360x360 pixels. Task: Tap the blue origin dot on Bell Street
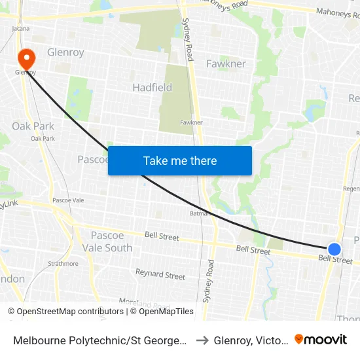pyautogui.click(x=334, y=249)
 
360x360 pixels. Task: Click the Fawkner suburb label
pyautogui.click(x=226, y=63)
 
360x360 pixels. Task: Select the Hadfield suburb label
pyautogui.click(x=152, y=87)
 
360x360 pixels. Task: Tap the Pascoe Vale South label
pyautogui.click(x=107, y=242)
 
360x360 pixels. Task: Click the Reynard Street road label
pyautogui.click(x=160, y=275)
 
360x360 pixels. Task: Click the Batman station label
pyautogui.click(x=199, y=213)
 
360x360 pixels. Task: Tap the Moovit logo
pyautogui.click(x=321, y=339)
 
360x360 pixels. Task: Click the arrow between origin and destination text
pyautogui.click(x=202, y=340)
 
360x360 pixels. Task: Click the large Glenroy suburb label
pyautogui.click(x=65, y=52)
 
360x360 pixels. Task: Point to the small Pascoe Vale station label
pyautogui.click(x=68, y=200)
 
